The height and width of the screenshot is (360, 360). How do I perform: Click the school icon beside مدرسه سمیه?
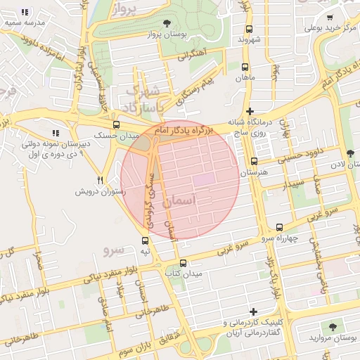(25, 12)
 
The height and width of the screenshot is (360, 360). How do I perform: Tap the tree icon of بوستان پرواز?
(166, 23)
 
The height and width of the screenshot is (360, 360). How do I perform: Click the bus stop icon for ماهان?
(244, 68)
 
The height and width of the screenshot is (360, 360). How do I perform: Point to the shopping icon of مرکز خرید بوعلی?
(330, 18)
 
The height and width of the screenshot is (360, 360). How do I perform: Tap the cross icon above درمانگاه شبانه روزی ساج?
(250, 110)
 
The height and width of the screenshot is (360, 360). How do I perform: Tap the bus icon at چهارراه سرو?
(280, 227)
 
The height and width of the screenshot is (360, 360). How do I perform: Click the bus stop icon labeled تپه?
(144, 240)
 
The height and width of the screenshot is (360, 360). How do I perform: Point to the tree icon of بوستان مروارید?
(330, 327)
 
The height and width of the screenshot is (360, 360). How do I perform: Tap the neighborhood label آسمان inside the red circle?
(180, 202)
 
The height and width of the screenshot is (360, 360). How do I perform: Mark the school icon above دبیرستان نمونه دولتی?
(55, 133)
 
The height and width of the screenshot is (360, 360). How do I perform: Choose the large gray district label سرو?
(114, 250)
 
